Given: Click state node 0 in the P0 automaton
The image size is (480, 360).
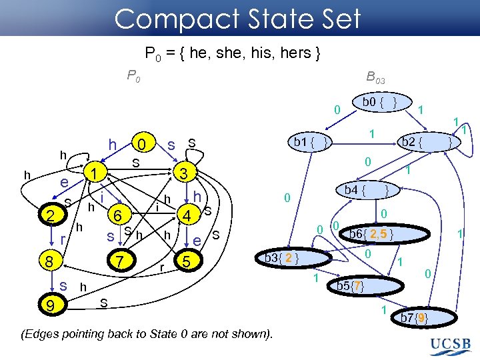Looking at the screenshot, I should coord(141,143).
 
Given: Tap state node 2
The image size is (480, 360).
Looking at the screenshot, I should coord(49,215).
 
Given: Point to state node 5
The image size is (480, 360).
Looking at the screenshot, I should coord(117,215).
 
